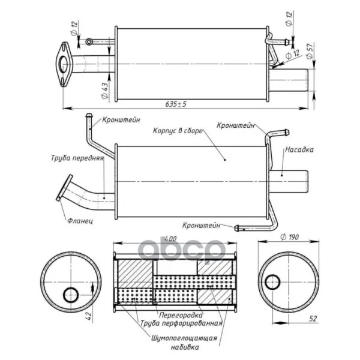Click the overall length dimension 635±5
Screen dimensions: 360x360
[176, 104]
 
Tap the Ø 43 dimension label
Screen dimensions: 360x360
[104, 91]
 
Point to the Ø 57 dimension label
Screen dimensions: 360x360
[310, 50]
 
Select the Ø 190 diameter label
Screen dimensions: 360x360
[290, 237]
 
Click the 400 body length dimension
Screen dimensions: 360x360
[170, 239]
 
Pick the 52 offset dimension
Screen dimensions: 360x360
[313, 319]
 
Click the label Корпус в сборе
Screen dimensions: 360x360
[178, 131]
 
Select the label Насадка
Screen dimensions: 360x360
[299, 149]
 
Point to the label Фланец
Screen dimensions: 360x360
[80, 221]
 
